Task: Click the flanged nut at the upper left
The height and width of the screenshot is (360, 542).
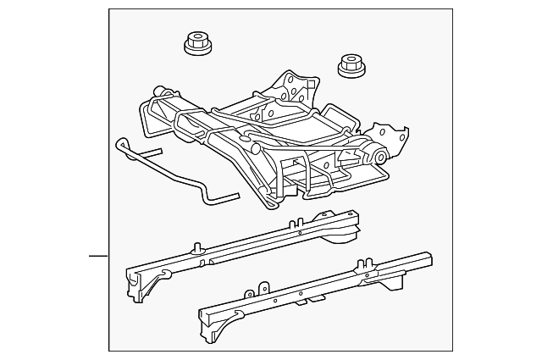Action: [196, 43]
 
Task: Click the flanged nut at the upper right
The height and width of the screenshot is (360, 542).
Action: [351, 65]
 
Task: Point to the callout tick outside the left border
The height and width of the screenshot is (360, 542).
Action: [99, 255]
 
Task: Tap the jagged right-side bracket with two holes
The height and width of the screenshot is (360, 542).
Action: [391, 136]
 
